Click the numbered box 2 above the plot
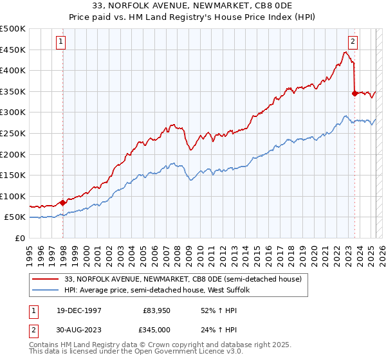pos(353,42)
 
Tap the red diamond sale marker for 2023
pos(354,93)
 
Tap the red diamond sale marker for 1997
pos(62,203)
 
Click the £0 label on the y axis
pos(21,238)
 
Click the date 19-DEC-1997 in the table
pos(78,310)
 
